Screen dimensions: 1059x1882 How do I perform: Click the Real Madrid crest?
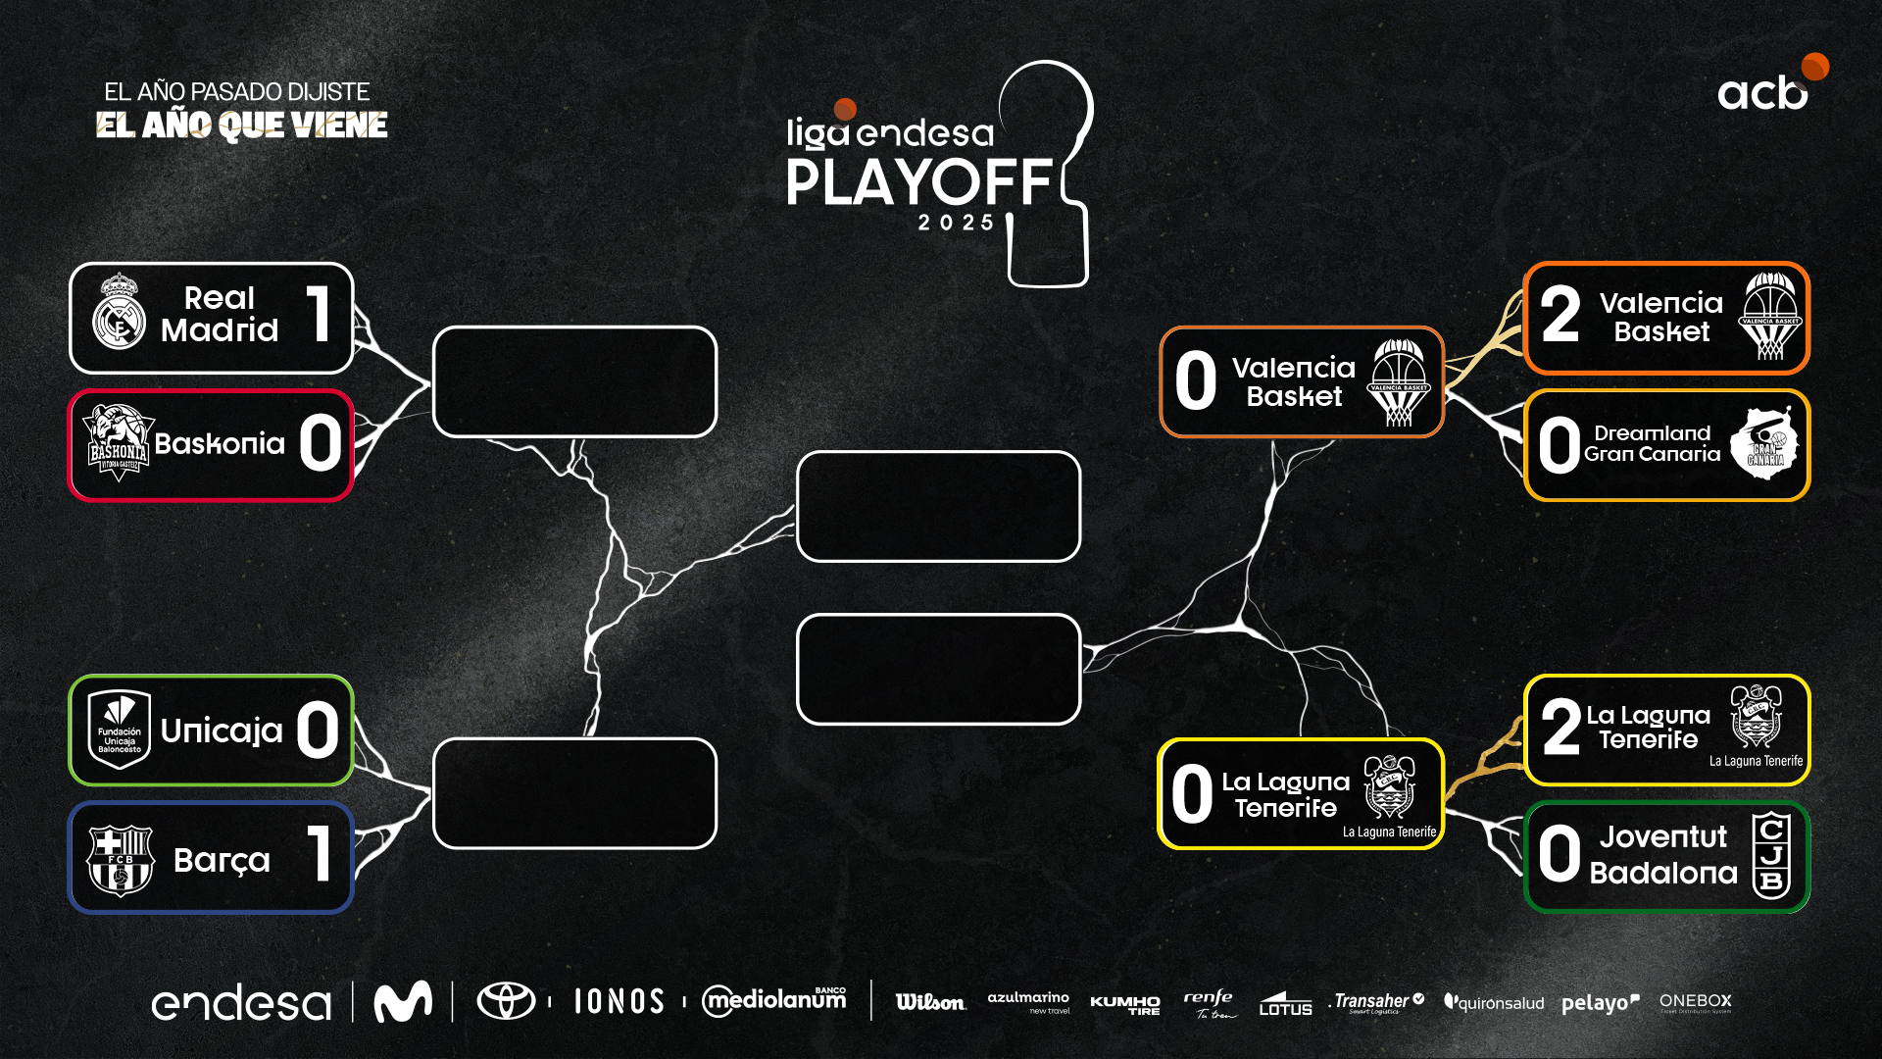coord(119,313)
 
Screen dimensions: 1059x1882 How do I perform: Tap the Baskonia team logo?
coord(118,444)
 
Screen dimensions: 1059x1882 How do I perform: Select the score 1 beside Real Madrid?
coord(319,314)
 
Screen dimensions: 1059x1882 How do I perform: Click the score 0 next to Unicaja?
coord(318,731)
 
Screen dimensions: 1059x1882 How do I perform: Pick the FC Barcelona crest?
coord(120,860)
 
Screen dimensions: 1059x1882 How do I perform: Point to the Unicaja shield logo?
coord(120,730)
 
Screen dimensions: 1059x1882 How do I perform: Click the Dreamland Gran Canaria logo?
coord(1764,444)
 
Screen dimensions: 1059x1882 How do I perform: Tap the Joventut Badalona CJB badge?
coord(1771,855)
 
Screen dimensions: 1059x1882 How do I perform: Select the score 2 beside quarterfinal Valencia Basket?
coord(1560,315)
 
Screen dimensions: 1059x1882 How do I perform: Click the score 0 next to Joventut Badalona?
coord(1559,854)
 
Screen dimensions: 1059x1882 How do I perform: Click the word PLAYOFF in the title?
coord(918,182)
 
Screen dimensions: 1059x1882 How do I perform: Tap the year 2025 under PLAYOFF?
coord(956,224)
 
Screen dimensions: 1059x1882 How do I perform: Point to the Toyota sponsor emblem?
coord(506,1001)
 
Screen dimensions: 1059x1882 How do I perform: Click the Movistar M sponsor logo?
coord(403,1001)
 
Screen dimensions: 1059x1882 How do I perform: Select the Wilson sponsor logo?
coord(930,1002)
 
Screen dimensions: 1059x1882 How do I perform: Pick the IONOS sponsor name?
coord(619,1001)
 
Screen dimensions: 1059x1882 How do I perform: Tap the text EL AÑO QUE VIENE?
coord(242,126)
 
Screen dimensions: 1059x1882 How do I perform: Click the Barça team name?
coord(222,860)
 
